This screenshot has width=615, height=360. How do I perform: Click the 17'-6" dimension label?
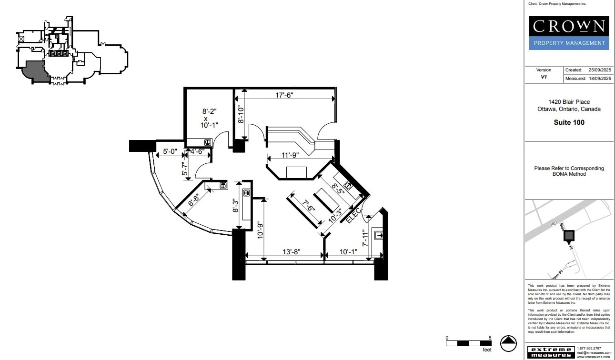(284, 95)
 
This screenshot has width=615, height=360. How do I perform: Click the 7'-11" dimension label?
(365, 238)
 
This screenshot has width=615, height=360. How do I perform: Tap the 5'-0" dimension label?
(170, 151)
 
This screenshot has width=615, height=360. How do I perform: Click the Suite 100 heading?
(569, 122)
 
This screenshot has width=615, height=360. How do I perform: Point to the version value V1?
(544, 77)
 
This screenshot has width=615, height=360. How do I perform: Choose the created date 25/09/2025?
(599, 70)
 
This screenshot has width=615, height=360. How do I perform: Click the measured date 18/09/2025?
(599, 79)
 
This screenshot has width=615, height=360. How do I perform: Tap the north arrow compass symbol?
(508, 343)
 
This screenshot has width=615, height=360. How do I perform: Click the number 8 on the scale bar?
(490, 337)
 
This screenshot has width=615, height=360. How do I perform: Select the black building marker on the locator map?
(569, 235)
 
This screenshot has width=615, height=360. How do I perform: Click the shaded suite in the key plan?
(35, 71)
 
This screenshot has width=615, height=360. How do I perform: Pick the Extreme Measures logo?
(550, 352)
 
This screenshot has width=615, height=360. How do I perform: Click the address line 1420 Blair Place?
(569, 102)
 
